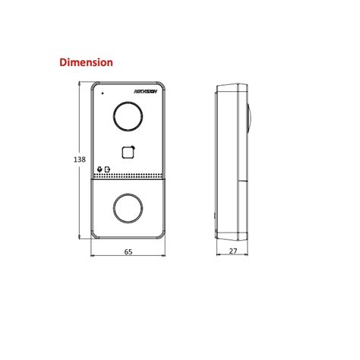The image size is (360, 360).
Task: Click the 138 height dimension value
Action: [77, 159]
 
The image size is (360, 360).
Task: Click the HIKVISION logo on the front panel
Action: [145, 92]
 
